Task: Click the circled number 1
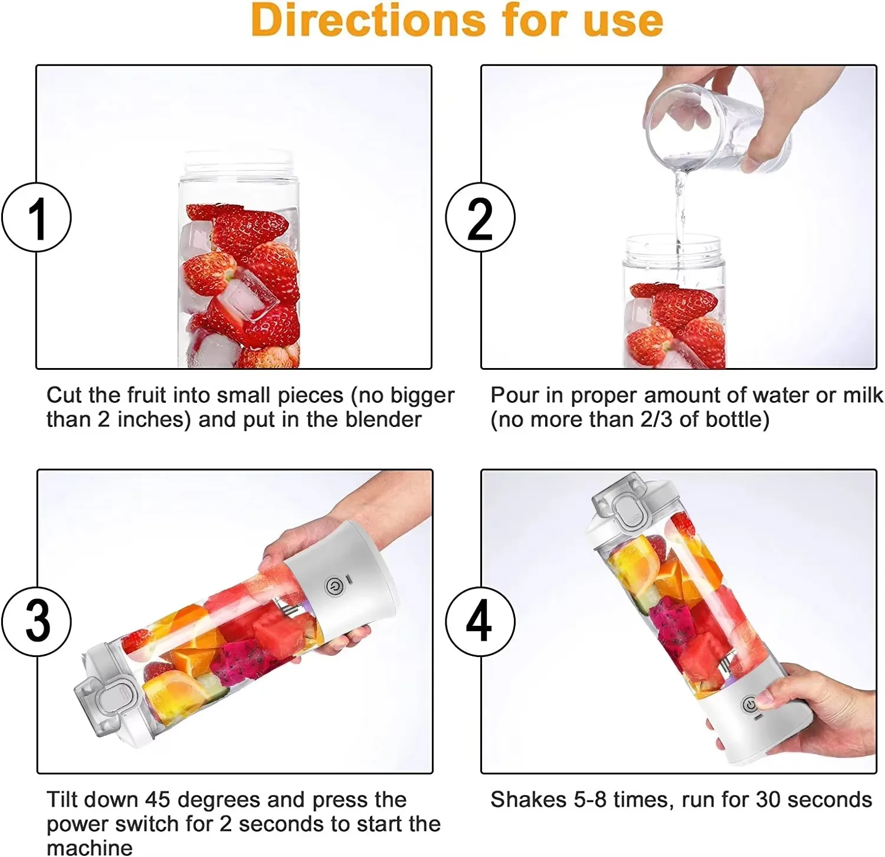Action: (x=37, y=218)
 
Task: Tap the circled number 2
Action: (x=480, y=218)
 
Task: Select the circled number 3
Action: (x=37, y=621)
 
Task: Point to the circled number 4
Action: (x=480, y=621)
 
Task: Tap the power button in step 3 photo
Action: (x=333, y=586)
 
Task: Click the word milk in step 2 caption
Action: (x=863, y=395)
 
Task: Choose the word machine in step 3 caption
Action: (x=89, y=848)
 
